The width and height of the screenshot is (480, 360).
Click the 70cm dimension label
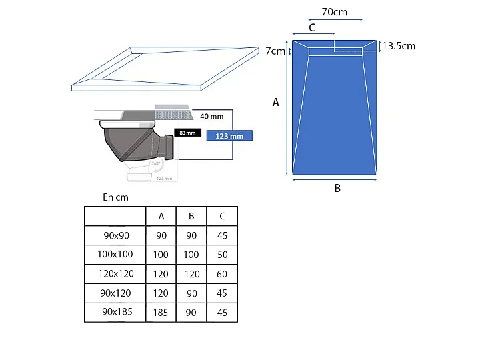[334, 12]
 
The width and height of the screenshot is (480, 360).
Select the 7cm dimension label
[275, 51]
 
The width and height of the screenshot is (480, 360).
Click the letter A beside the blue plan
[275, 102]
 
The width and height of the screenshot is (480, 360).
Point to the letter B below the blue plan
[337, 189]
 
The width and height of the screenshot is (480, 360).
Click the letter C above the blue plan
[311, 27]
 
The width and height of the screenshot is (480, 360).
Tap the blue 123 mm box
[229, 136]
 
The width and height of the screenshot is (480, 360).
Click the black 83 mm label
[187, 133]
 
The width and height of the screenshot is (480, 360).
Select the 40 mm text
[211, 116]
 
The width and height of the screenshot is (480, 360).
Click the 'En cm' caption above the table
[115, 197]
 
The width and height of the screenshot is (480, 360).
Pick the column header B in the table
[191, 216]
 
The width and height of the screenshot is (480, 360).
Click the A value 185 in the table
[161, 312]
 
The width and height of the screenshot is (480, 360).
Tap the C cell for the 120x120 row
[222, 274]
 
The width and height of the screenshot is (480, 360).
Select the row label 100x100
[115, 255]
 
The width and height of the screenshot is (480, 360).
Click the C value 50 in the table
[222, 255]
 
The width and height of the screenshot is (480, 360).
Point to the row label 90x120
[115, 293]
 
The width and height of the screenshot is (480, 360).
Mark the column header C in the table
[222, 216]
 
